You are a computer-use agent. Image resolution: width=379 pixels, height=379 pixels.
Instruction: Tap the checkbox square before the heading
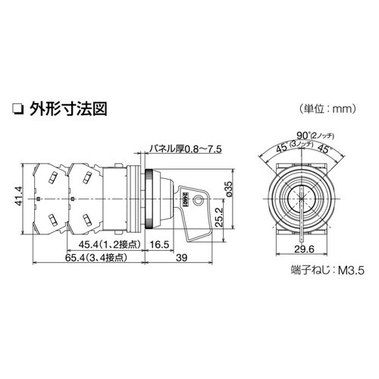coord(17,108)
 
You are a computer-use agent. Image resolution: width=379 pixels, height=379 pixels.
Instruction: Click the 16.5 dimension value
coord(158,245)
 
